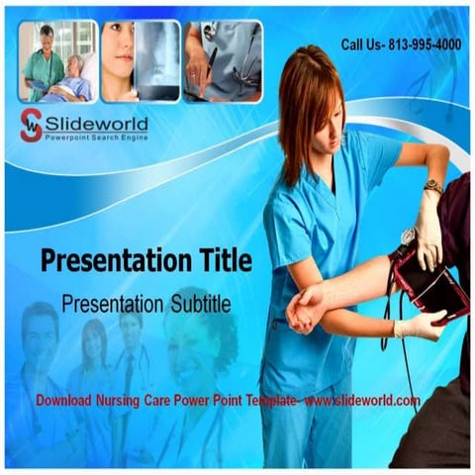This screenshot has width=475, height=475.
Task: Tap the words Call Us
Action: pyautogui.click(x=359, y=45)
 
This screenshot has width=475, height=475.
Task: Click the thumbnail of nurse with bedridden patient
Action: pyautogui.click(x=57, y=61)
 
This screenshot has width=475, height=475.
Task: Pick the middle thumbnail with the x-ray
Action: pyautogui.click(x=140, y=61)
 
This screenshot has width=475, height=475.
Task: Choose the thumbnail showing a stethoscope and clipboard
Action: pyautogui.click(x=223, y=61)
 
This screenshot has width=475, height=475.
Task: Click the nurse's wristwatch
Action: pyautogui.click(x=432, y=186)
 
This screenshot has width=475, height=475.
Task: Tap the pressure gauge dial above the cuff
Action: pyautogui.click(x=408, y=237)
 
